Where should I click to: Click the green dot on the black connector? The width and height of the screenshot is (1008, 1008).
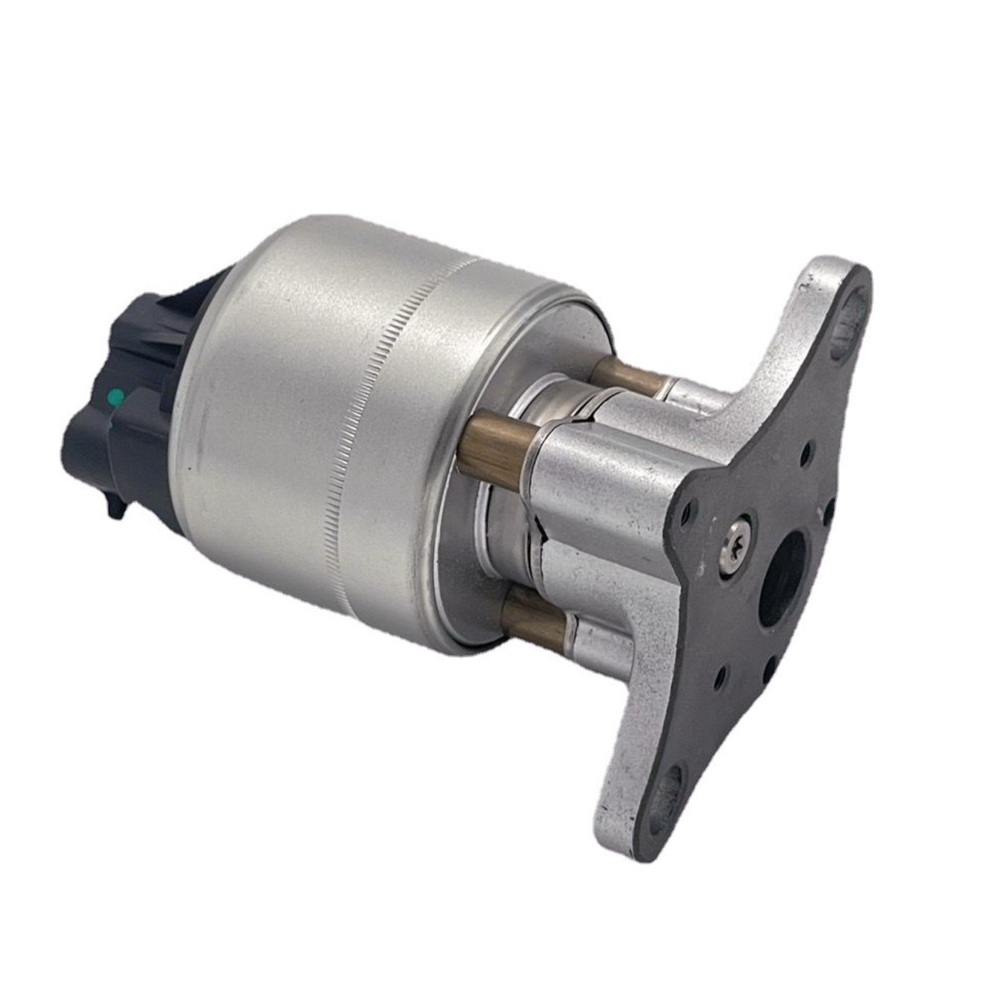117,397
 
